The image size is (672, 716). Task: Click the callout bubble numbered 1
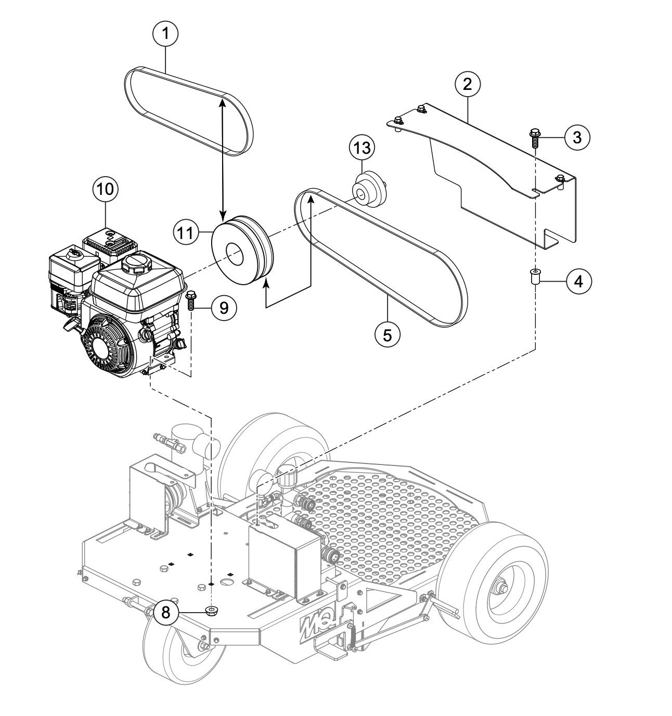[x=165, y=34]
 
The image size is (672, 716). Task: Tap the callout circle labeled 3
[x=577, y=137]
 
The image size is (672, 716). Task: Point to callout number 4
[x=577, y=281]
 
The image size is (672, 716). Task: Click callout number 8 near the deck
[x=165, y=612]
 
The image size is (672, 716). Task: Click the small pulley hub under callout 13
[x=370, y=191]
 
